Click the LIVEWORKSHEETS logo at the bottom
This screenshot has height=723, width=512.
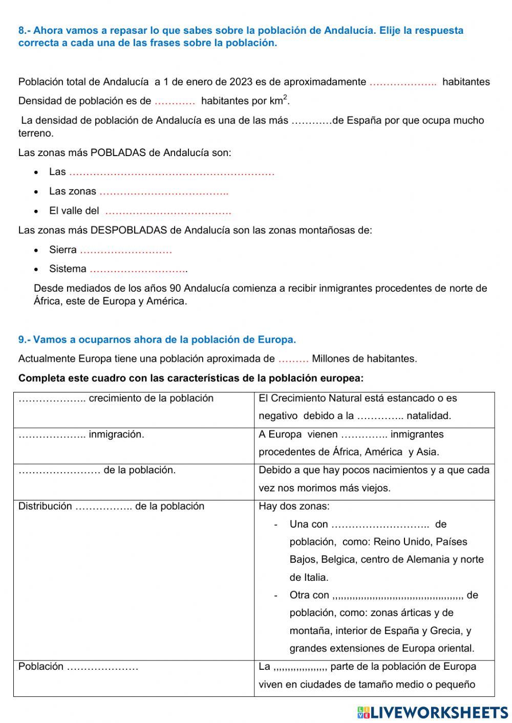pyautogui.click(x=433, y=712)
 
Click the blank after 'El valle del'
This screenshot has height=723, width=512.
pyautogui.click(x=168, y=211)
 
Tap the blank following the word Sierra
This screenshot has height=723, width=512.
pyautogui.click(x=126, y=250)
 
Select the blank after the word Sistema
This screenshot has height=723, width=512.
pyautogui.click(x=138, y=269)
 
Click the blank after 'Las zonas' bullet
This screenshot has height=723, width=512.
pyautogui.click(x=164, y=192)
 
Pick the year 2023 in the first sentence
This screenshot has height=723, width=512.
pyautogui.click(x=241, y=82)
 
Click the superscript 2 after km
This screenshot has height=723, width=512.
pyautogui.click(x=285, y=97)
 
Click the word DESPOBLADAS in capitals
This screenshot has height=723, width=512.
pyautogui.click(x=129, y=230)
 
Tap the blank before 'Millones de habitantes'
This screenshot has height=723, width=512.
pyautogui.click(x=293, y=359)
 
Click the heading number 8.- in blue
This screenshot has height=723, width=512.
pyautogui.click(x=25, y=31)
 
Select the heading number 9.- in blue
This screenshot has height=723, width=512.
pyautogui.click(x=25, y=340)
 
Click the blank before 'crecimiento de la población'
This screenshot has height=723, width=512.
pyautogui.click(x=52, y=399)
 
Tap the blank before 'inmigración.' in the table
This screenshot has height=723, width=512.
pyautogui.click(x=52, y=435)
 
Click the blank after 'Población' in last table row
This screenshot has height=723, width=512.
pyautogui.click(x=102, y=667)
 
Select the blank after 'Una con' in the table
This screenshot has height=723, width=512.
pyautogui.click(x=380, y=524)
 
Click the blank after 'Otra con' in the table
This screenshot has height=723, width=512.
pyautogui.click(x=398, y=595)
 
